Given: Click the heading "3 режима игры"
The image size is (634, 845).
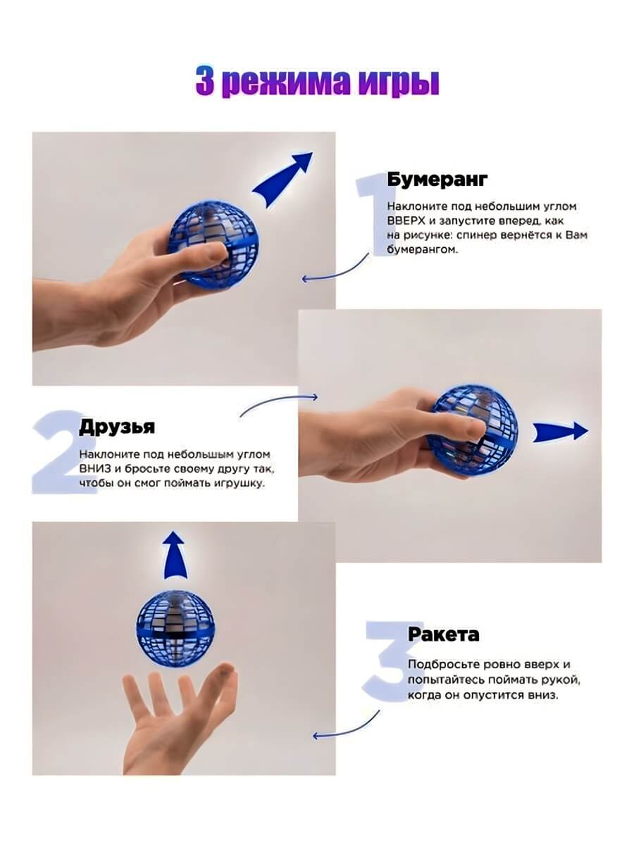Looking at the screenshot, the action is pyautogui.click(x=317, y=82).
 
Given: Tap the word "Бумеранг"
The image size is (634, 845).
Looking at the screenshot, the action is pyautogui.click(x=437, y=179).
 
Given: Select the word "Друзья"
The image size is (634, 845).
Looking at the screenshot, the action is pyautogui.click(x=117, y=427).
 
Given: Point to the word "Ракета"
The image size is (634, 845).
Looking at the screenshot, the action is pyautogui.click(x=444, y=634).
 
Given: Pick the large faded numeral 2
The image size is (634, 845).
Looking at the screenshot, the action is pyautogui.click(x=61, y=451).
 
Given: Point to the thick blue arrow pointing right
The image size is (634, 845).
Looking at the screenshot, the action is pyautogui.click(x=561, y=432).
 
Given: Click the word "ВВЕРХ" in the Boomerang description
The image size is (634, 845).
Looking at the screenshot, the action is pyautogui.click(x=406, y=221).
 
